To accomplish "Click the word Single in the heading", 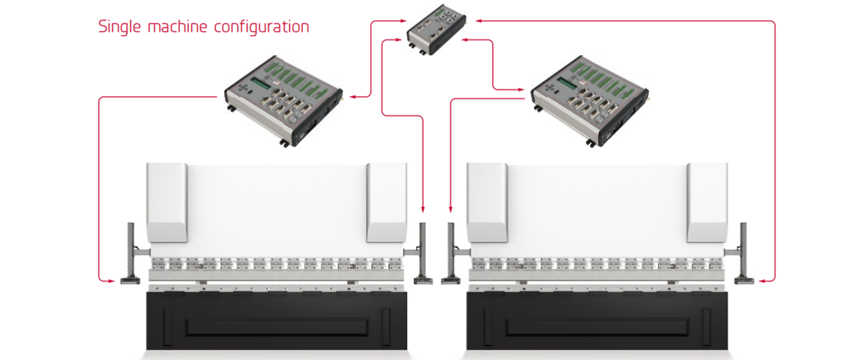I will tap(119, 28).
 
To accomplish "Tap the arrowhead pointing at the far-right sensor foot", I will tap(761, 281).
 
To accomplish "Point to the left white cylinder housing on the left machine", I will tap(166, 201).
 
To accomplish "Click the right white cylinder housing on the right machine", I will tap(707, 201).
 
